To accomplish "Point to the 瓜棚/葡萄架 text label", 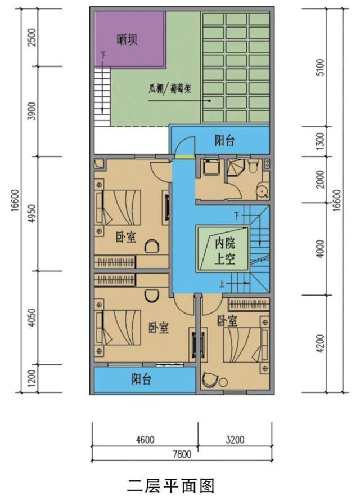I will (x=169, y=88).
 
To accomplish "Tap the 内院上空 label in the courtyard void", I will (x=224, y=251).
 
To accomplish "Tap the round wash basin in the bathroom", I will (x=261, y=190).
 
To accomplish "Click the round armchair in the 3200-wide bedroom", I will (x=212, y=380).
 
